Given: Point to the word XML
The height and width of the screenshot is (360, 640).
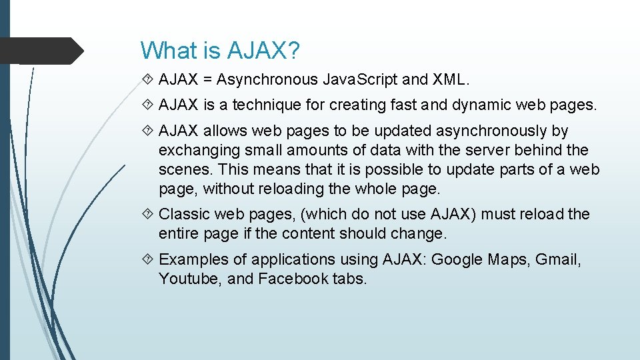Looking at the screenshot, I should coord(451,80).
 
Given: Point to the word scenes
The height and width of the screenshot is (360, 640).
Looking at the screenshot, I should coord(184,169).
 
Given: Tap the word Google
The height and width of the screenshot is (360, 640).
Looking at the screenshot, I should coord(457,259).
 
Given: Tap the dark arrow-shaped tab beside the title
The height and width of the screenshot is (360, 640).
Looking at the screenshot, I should coord(40,51).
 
